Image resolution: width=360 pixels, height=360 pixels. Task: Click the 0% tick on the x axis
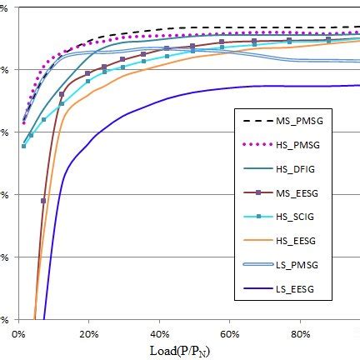click(19, 334)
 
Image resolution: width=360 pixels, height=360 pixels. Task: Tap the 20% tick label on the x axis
click(88, 334)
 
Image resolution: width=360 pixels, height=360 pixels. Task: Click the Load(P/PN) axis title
click(185, 350)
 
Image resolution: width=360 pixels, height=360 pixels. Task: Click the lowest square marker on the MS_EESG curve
click(43, 201)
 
